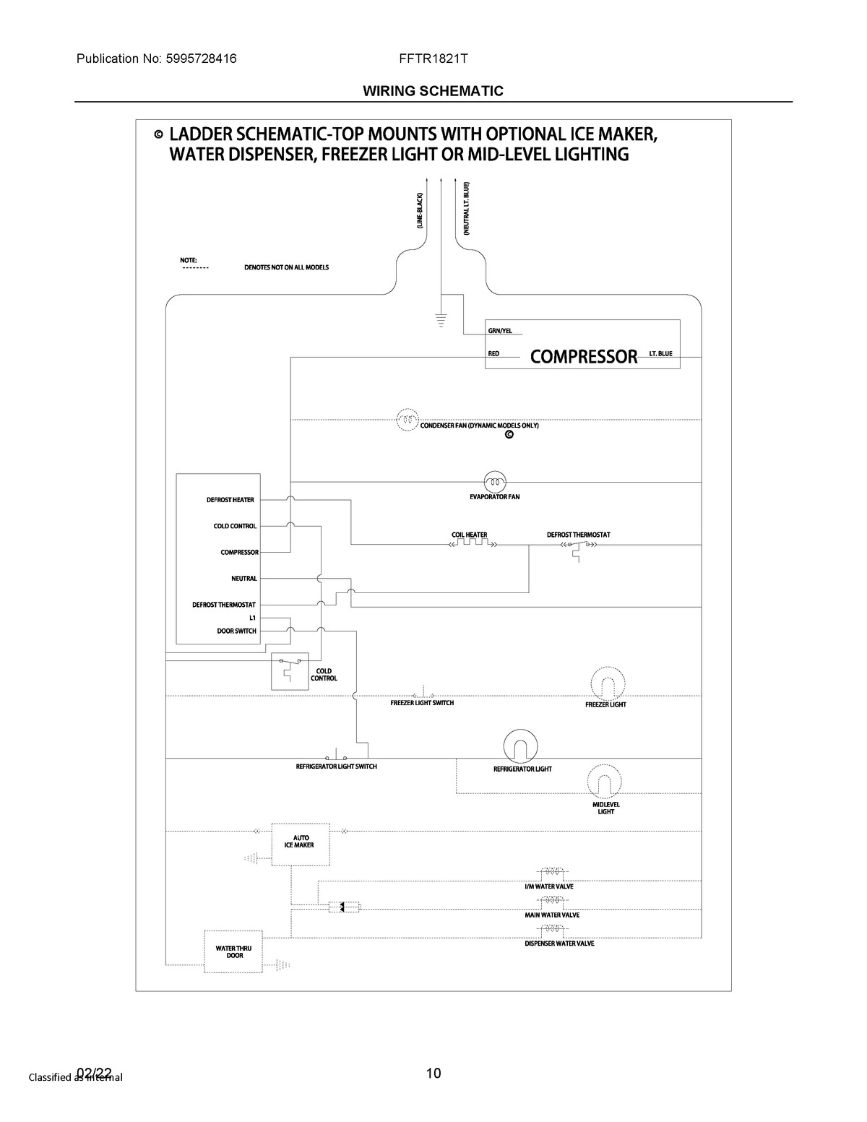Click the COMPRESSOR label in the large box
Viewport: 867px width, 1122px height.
tap(584, 356)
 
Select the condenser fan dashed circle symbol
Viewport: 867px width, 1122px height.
tap(407, 419)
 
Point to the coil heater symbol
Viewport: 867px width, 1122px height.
tap(470, 545)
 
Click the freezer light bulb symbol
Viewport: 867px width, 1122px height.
tap(607, 683)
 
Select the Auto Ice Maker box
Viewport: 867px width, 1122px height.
tap(300, 844)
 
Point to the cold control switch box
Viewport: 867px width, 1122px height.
tap(289, 670)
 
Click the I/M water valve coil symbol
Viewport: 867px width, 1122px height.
tap(553, 873)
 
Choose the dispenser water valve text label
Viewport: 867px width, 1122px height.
tap(559, 944)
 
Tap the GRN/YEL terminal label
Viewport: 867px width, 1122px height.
tap(500, 331)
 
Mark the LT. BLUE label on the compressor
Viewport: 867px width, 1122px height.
tap(660, 354)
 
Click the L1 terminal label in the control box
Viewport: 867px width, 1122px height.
tap(252, 618)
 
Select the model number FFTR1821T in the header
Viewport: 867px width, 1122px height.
tap(433, 59)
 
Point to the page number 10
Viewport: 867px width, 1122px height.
tap(433, 1073)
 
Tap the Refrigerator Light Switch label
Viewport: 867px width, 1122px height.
tap(336, 767)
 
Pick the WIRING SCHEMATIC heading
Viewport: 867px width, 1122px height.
tap(433, 91)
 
